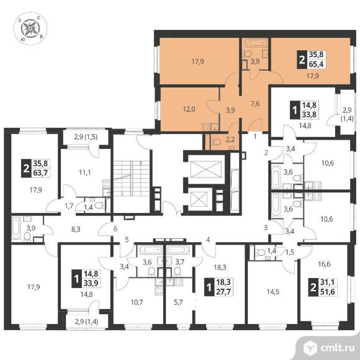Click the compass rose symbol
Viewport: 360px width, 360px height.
[30, 29]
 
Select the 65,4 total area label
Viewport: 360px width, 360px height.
[316, 64]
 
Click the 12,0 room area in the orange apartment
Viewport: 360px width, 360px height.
[189, 109]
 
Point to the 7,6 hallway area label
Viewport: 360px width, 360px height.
[255, 104]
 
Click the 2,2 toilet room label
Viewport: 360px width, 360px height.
[230, 140]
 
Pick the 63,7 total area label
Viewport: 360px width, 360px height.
[40, 172]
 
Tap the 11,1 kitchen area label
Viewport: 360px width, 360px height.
[84, 173]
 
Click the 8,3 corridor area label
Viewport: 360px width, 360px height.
[76, 229]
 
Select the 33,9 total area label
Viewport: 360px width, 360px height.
[91, 283]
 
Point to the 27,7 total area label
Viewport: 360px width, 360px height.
[223, 292]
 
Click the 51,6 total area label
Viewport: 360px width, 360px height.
[327, 291]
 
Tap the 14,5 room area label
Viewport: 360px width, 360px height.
[272, 292]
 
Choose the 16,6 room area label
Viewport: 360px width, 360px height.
[324, 264]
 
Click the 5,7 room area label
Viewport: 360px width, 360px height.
[178, 302]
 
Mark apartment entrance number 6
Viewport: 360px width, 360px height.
[115, 228]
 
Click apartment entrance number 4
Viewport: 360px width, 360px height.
[208, 240]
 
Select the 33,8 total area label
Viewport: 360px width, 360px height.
[310, 114]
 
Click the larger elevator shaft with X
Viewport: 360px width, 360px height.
[205, 169]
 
